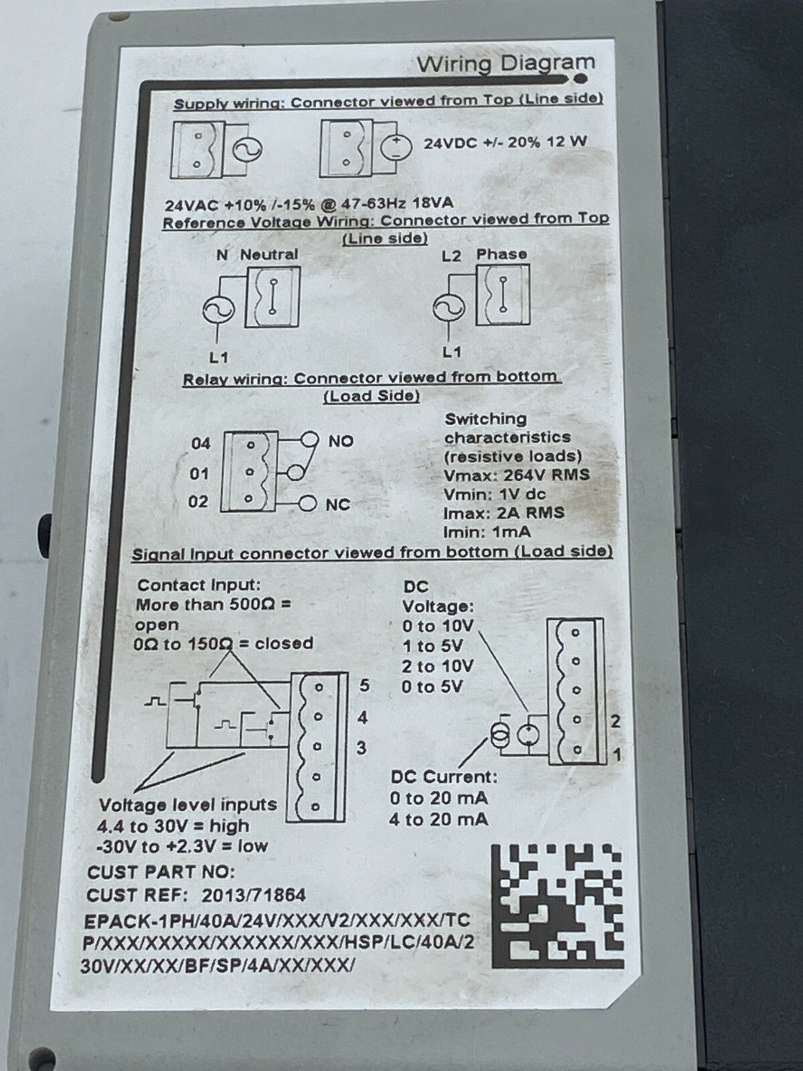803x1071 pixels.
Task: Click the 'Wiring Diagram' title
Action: (506, 64)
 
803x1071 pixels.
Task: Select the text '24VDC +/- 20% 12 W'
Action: (505, 143)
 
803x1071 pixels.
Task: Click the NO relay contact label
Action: (341, 441)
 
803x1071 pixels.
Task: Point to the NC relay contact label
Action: (338, 504)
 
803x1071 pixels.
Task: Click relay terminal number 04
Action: (200, 444)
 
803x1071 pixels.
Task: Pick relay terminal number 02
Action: (198, 501)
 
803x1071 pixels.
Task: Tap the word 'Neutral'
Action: (268, 254)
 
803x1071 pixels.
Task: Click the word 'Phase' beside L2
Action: (502, 254)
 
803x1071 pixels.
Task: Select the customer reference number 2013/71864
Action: (254, 895)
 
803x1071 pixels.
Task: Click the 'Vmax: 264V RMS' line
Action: (517, 475)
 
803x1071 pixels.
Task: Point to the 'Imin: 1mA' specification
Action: (486, 532)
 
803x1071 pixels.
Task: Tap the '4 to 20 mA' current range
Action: (438, 819)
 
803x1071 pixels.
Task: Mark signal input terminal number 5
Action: (364, 685)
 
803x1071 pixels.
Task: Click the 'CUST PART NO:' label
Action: (161, 872)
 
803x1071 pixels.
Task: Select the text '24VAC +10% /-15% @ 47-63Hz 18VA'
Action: (308, 204)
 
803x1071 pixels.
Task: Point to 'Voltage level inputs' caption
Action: (188, 805)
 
